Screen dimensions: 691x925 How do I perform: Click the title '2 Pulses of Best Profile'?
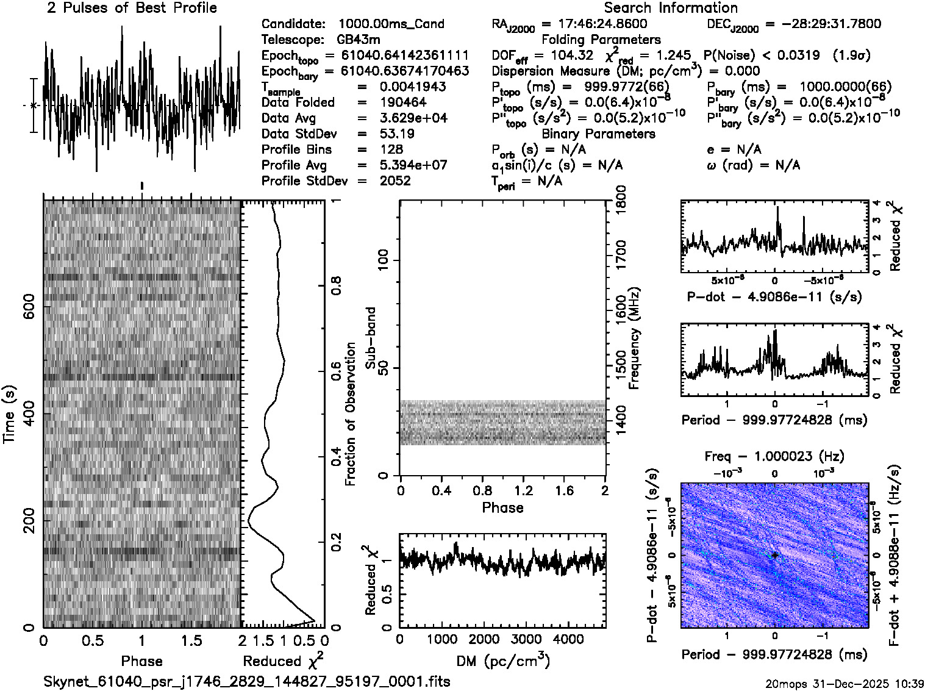coord(132,8)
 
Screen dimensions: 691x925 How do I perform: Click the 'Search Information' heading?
coord(670,8)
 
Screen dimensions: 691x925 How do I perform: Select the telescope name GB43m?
coord(359,40)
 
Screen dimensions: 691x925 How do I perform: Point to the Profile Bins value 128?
coord(391,149)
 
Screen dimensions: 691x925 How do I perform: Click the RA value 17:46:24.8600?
coord(603,24)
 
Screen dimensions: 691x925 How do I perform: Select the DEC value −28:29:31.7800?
coord(823,24)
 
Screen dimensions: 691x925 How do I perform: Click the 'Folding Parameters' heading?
coord(601,40)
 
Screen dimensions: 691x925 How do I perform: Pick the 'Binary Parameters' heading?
coord(598,134)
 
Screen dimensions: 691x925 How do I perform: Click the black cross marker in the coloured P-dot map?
coord(774,555)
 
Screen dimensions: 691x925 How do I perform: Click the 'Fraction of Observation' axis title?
coord(350,414)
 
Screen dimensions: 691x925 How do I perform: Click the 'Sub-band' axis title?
coord(370,337)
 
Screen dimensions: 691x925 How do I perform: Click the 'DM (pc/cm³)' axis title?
coord(502,661)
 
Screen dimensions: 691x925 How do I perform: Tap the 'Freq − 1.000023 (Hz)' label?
coord(774,456)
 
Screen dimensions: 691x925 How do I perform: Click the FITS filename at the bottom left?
coord(247,681)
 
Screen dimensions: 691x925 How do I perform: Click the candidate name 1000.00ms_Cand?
coord(391,24)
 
